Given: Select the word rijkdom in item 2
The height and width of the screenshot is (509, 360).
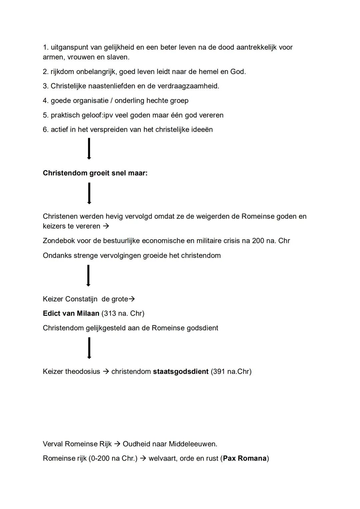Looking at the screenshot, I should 62,72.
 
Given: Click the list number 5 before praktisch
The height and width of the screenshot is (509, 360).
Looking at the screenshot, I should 45,115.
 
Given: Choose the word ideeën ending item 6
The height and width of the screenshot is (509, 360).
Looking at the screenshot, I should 202,129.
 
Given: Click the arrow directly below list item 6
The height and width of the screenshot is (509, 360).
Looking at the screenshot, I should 89,149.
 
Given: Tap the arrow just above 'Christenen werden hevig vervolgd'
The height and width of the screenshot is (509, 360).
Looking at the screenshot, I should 89,193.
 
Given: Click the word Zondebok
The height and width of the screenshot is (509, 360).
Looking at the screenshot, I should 59,241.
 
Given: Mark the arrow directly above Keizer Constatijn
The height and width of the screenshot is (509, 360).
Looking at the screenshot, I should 88,276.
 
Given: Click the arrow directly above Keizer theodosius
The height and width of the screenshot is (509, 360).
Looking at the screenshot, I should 89,348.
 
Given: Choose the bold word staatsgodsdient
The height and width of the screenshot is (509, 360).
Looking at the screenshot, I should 181,372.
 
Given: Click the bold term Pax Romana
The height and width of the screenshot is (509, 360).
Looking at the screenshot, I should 245,459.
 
